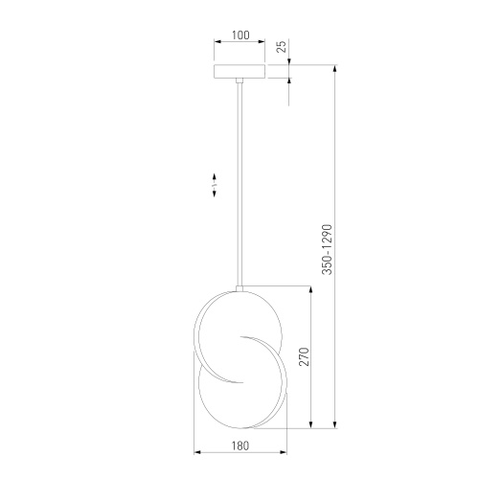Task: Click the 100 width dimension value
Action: (x=240, y=35)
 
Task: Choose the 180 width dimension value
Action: (x=239, y=445)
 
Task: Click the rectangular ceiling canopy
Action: (x=240, y=73)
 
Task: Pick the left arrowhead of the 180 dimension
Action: (x=197, y=452)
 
